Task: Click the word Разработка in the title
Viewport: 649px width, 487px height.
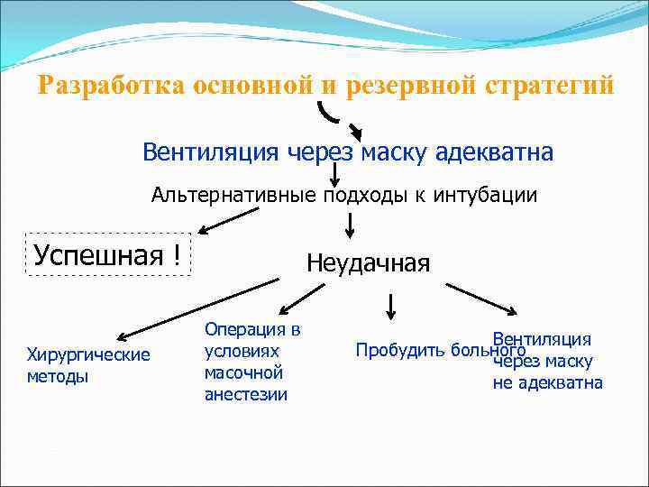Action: point(110,87)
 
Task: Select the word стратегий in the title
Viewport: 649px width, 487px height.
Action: point(550,87)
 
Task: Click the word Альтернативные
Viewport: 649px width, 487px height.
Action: point(231,195)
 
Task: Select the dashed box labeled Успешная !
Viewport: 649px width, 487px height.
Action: point(107,254)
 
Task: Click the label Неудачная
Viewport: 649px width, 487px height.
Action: point(368,262)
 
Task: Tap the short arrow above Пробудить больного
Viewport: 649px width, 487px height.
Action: point(390,306)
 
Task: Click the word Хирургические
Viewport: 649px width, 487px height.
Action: point(88,354)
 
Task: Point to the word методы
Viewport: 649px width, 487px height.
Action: point(58,376)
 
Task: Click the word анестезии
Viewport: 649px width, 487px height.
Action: point(246,394)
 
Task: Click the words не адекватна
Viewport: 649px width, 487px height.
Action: point(547,383)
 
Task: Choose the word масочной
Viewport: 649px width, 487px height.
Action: point(243,372)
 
